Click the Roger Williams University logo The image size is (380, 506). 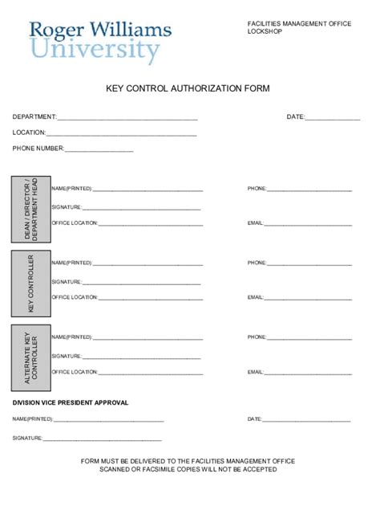(x=99, y=42)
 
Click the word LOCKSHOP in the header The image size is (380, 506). (x=265, y=33)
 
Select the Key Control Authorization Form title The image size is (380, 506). (x=188, y=88)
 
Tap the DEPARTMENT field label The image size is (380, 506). (x=34, y=117)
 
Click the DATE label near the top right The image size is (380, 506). (x=295, y=117)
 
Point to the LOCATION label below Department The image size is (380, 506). (x=29, y=133)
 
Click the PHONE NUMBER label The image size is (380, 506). (x=38, y=149)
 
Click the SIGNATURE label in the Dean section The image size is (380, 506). (x=66, y=206)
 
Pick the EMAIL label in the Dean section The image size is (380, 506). (x=255, y=222)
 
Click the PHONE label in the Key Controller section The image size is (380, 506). (x=257, y=263)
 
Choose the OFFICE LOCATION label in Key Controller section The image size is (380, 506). (x=75, y=297)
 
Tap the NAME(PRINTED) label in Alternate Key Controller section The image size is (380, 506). (x=71, y=337)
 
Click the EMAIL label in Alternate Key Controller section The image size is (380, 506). (x=255, y=372)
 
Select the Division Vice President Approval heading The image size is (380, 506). (x=70, y=402)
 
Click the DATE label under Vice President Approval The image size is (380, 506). (x=254, y=419)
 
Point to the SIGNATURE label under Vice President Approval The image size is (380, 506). (x=26, y=439)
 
